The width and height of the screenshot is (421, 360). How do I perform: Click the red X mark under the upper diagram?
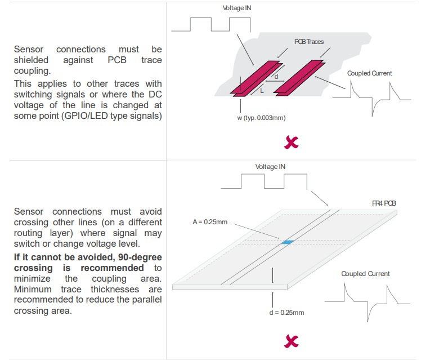(x=292, y=143)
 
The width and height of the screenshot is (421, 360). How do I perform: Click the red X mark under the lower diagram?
(x=292, y=341)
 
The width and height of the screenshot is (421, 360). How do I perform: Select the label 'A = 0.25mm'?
(x=210, y=222)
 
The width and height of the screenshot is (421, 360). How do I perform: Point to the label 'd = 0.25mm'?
(x=286, y=313)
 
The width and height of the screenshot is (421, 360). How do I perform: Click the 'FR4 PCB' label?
(x=384, y=203)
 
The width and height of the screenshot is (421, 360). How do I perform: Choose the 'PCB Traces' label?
(x=309, y=42)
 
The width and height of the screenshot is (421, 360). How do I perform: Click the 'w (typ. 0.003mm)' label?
(x=261, y=118)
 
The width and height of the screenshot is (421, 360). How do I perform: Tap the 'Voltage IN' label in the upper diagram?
(x=237, y=8)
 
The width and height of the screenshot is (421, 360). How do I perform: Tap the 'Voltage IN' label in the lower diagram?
(x=270, y=167)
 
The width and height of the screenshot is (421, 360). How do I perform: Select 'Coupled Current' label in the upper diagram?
(x=369, y=73)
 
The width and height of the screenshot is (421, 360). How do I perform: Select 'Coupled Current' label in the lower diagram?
(x=365, y=274)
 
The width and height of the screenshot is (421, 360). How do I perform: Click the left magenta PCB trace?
(x=257, y=78)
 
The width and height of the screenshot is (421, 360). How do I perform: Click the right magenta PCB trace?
(x=299, y=78)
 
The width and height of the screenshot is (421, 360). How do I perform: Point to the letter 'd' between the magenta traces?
(x=276, y=77)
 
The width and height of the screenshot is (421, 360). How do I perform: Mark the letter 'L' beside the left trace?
(x=262, y=91)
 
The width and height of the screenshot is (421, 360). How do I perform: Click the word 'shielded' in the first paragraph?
(x=31, y=60)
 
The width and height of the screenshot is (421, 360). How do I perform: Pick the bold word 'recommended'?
(x=112, y=268)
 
